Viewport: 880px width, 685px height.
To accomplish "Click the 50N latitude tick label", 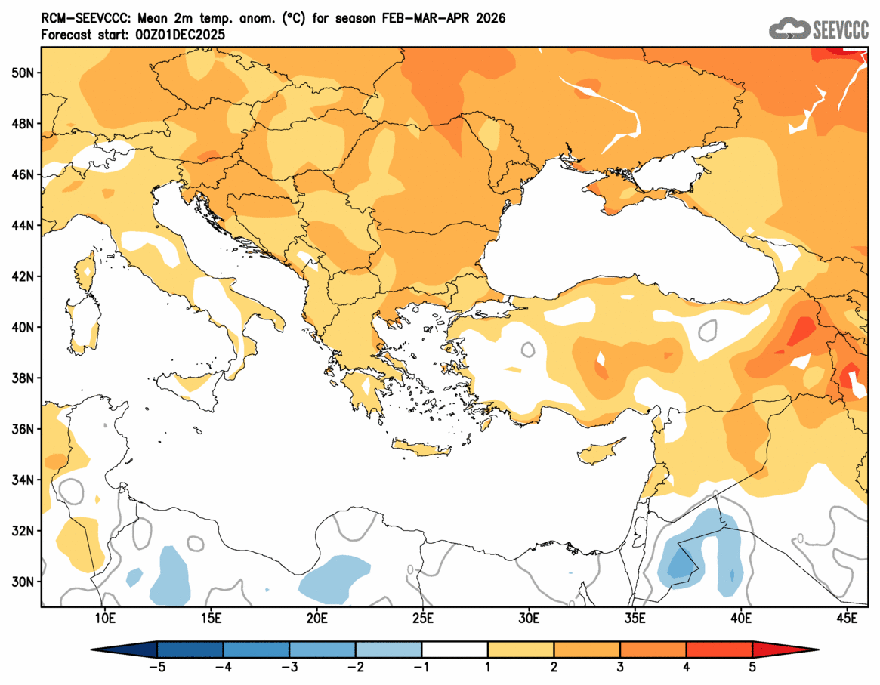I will [23, 73].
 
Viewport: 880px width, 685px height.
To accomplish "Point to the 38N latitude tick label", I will [23, 378].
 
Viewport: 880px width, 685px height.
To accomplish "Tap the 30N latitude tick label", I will [23, 582].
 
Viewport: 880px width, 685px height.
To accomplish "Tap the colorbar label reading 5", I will [752, 668].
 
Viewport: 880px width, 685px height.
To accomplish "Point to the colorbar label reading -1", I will [421, 668].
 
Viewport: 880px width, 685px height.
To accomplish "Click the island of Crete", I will [421, 449].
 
